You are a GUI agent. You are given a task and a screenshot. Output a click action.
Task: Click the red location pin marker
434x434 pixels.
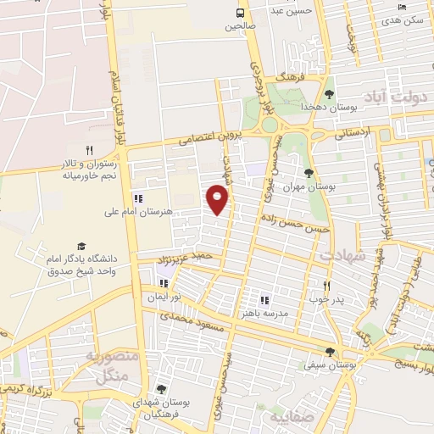pyautogui.click(x=219, y=199)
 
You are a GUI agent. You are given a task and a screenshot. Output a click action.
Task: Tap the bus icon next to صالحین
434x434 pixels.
pyautogui.click(x=240, y=13)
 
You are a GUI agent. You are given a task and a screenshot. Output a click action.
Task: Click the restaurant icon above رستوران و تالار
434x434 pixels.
pyautogui.click(x=88, y=150)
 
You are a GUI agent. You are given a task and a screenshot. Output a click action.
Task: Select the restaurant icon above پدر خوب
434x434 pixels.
pyautogui.click(x=326, y=286)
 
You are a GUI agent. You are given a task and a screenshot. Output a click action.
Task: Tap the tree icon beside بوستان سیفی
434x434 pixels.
pyautogui.click(x=330, y=353)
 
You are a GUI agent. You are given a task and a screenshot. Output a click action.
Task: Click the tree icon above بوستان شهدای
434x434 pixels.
pyautogui.click(x=161, y=389)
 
